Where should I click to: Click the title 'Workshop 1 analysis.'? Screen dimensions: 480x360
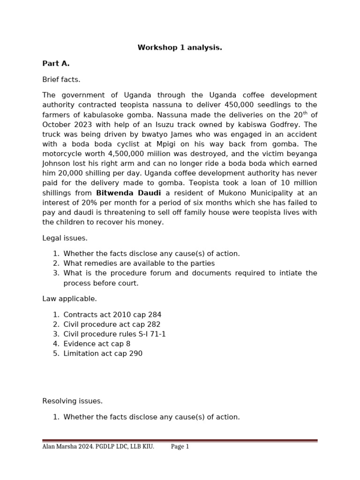click(x=180, y=48)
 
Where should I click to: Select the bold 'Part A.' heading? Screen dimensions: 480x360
click(x=56, y=64)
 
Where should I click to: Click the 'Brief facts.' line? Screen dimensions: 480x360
click(x=61, y=80)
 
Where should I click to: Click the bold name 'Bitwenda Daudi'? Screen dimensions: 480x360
click(x=128, y=193)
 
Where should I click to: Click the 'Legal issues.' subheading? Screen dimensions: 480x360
click(x=65, y=238)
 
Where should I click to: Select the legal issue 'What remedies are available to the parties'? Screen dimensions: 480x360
click(x=139, y=263)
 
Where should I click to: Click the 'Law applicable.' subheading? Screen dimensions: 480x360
click(x=69, y=299)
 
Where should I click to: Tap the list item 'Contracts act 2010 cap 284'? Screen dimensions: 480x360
click(x=112, y=315)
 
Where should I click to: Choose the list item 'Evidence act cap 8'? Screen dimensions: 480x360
click(x=97, y=344)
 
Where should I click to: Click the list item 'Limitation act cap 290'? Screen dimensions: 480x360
click(x=103, y=354)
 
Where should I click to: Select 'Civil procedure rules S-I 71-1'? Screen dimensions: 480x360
click(x=114, y=334)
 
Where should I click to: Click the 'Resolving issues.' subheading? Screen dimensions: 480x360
click(x=72, y=401)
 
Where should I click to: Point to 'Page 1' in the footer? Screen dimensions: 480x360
click(x=180, y=447)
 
